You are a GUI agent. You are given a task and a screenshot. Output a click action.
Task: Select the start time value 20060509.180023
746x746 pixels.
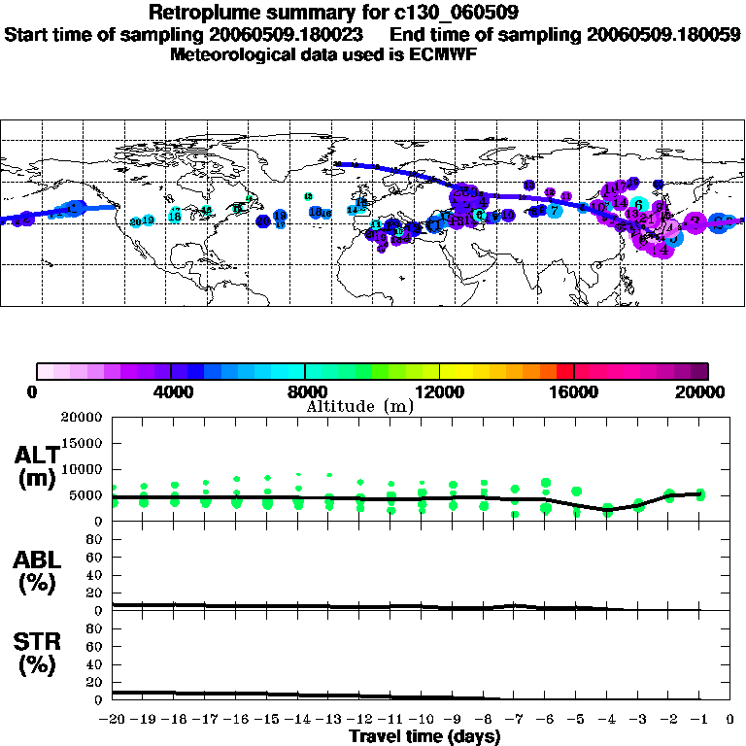tap(282, 35)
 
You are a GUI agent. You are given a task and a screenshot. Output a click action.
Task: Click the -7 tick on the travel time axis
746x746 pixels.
tap(514, 719)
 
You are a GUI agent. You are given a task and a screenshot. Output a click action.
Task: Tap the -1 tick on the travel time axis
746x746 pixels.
tap(698, 719)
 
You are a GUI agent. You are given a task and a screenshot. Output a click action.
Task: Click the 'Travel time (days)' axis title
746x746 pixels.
tap(424, 736)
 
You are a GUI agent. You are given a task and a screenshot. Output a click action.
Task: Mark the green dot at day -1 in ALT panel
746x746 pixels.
tap(700, 494)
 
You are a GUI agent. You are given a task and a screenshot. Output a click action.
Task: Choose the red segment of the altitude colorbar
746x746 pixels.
tap(564, 371)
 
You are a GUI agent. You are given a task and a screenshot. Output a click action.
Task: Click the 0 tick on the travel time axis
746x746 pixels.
tap(730, 719)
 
